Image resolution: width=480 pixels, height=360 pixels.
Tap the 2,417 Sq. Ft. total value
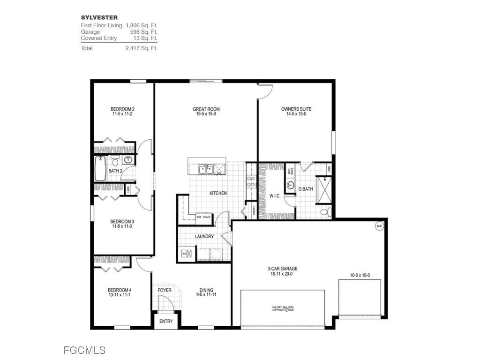[141, 48]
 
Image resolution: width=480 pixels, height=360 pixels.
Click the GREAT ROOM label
[206, 109]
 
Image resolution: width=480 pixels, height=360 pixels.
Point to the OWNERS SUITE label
[296, 109]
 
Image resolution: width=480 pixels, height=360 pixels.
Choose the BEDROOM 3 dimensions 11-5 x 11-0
[122, 226]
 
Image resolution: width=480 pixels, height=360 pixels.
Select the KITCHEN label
[218, 193]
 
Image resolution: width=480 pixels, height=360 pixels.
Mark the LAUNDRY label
[204, 237]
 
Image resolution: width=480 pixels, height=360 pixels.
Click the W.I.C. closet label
[275, 196]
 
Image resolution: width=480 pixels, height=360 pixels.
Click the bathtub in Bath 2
[100, 169]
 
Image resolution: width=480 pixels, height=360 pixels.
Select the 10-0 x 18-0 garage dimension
[360, 276]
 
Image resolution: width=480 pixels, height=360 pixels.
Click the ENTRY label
[166, 322]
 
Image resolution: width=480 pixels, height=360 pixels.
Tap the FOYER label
[165, 290]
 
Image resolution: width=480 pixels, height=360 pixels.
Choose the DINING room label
[206, 290]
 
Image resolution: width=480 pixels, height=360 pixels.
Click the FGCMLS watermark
[84, 350]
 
